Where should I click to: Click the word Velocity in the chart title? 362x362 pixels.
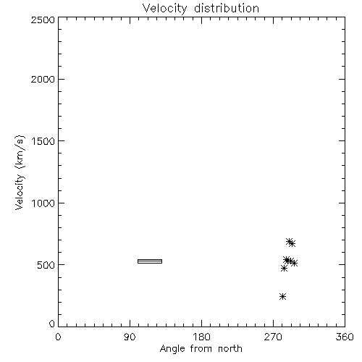pos(164,9)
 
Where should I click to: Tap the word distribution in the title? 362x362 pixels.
pos(227,8)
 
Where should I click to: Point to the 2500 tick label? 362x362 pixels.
pos(43,20)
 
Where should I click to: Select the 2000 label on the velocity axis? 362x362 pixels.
pos(43,79)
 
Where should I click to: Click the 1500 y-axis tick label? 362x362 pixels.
pos(43,141)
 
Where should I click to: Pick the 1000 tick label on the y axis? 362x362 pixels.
pos(43,203)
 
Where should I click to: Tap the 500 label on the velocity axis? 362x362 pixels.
pos(46,265)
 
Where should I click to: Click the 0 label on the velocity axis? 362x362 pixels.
pos(52,324)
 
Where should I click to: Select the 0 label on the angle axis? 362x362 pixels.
pos(58,337)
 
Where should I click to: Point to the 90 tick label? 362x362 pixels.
pos(130,337)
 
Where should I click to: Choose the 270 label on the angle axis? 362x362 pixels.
pos(273,337)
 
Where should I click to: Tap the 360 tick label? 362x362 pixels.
pos(345,337)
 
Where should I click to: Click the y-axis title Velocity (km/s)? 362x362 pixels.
pos(20,172)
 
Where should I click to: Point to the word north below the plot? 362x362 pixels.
pos(230,349)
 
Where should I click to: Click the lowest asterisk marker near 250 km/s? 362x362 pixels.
pos(282,296)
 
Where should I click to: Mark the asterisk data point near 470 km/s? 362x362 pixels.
pos(284,269)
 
